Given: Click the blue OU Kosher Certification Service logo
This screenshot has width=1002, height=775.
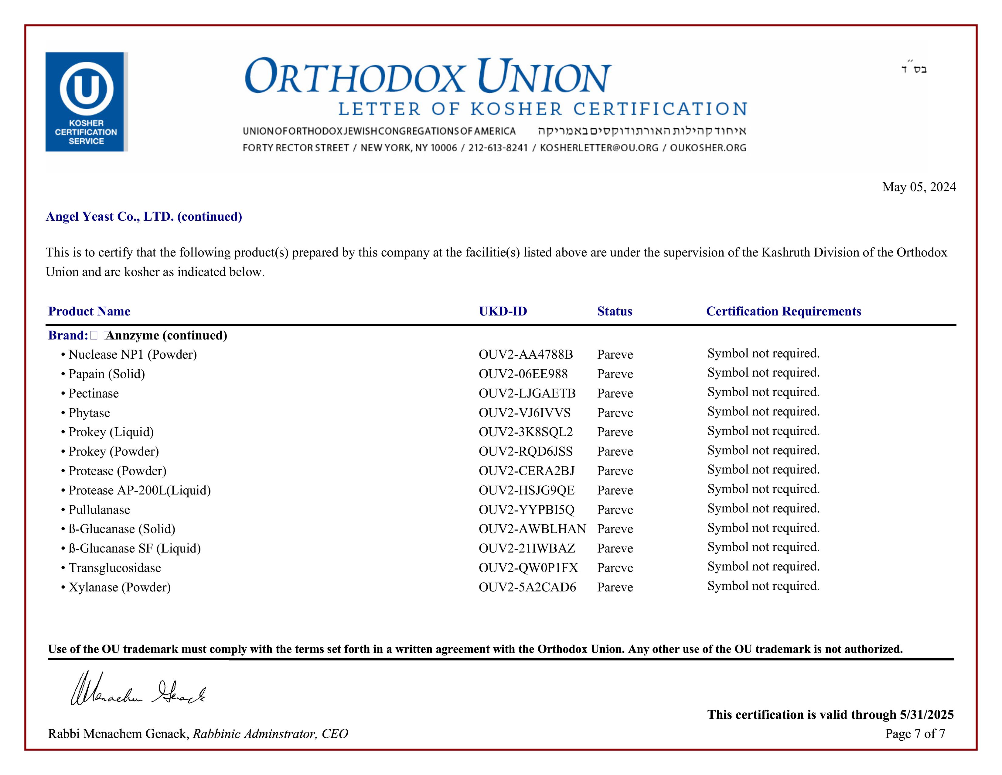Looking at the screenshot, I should pos(86,102).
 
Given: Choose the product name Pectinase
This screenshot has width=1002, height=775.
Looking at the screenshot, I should pos(94,394).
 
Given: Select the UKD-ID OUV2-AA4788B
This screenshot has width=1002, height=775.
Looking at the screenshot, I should pos(526,354).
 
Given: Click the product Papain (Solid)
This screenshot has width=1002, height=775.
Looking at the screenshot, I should pos(107,374).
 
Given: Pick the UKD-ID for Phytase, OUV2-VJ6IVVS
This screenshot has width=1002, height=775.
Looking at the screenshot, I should pos(524,413).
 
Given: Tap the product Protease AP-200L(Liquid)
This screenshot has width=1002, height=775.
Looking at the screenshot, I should pos(139,490).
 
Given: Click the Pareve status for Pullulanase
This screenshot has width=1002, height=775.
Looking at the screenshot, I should pos(615,510).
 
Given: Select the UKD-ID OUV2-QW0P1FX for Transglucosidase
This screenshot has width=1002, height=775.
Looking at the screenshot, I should pos(528,568).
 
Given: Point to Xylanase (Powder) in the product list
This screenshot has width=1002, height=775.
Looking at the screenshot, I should pos(119,587).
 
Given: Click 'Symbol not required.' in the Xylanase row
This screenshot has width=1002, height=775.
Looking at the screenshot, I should pos(763,586).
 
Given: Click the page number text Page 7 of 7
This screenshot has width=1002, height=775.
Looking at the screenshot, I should pos(915,734).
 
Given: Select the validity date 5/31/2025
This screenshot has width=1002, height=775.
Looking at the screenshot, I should pos(926,715).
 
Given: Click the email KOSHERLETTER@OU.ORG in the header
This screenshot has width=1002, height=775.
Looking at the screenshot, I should pos(599,148).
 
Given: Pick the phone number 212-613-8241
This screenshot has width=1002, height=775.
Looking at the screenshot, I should pos(498,148).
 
